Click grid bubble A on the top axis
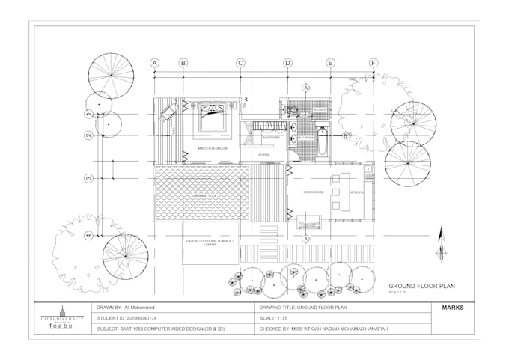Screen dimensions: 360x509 coord(155,63)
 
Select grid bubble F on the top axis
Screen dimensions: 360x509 coord(374,63)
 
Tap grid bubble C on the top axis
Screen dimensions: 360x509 coord(241,63)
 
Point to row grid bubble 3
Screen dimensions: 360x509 coord(88,178)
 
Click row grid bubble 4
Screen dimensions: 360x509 coord(88,236)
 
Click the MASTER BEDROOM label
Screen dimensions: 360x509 coord(213,149)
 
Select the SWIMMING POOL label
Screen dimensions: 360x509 coord(203,197)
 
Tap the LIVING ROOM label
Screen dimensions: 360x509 coord(313,193)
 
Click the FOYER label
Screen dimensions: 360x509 coord(263,156)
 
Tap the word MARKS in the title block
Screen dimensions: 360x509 coord(453,308)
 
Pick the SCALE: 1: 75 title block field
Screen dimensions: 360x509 coord(277,318)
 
